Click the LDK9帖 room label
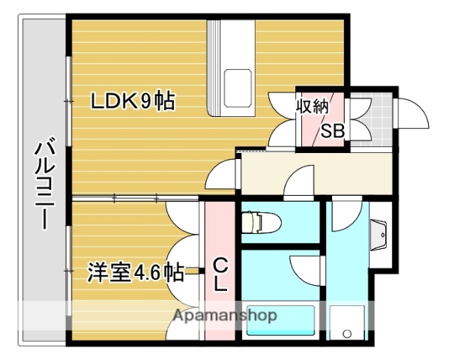(x=133, y=101)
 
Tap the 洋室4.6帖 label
(x=136, y=271)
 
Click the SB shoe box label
(x=332, y=131)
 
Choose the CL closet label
(x=221, y=274)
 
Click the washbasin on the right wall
(x=380, y=238)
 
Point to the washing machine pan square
(x=346, y=323)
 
